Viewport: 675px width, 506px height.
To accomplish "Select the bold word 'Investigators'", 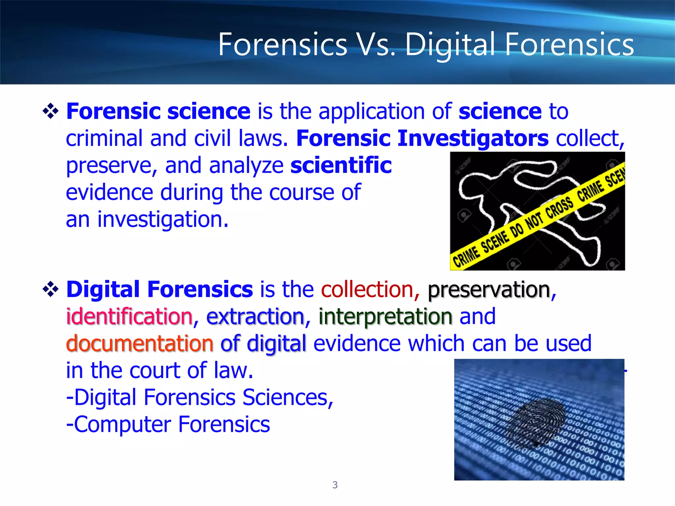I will pos(473,138).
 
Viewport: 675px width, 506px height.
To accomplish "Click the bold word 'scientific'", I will pos(341,165).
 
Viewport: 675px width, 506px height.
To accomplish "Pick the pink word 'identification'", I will pos(129,317).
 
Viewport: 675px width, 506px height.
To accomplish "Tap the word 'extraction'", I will pos(255,317).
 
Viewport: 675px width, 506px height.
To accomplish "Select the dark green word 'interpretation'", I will pos(385,317).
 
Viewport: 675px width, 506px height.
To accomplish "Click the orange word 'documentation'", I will pos(140,344).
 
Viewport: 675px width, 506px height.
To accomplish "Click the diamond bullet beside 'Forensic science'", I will pos(51,111).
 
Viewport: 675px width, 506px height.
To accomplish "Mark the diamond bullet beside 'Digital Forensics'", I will pos(51,290).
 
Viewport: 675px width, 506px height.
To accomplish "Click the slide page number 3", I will pos(335,485).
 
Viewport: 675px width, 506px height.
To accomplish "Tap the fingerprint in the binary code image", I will pos(536,422).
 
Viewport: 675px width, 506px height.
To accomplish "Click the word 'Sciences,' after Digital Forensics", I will pos(288,398).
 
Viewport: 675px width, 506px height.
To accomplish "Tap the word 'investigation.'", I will pos(162,220).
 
